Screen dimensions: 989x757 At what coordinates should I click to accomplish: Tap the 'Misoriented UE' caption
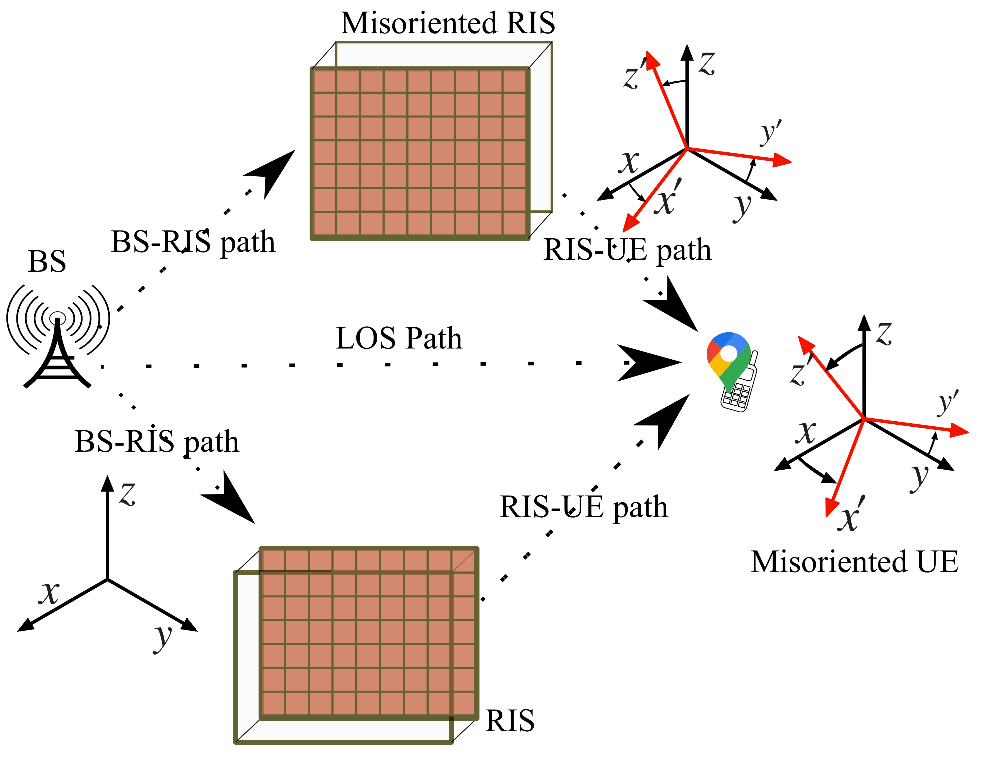(x=854, y=562)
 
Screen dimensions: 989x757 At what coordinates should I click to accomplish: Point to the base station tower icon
(x=58, y=336)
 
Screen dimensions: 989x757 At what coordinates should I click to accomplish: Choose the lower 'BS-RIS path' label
(x=157, y=442)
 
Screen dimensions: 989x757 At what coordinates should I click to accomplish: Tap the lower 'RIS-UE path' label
(x=584, y=507)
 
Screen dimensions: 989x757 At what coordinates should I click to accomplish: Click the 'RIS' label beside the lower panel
(x=510, y=720)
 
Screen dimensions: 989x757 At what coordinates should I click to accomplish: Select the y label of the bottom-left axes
(x=163, y=638)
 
